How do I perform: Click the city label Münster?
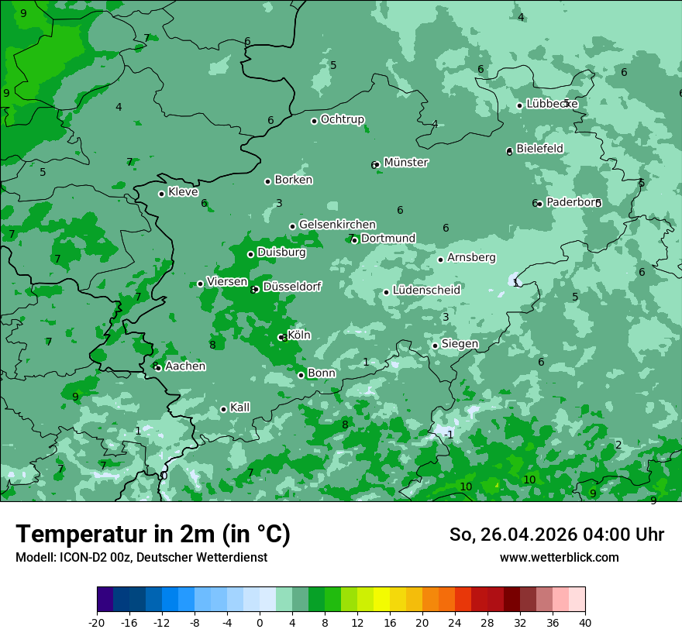pos(405,163)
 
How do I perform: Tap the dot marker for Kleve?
pos(161,194)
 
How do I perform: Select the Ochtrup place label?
pos(342,119)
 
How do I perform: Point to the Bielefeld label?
pos(539,148)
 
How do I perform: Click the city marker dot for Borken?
pos(267,181)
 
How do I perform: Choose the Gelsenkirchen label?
pos(337,225)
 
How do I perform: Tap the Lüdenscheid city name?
pos(426,290)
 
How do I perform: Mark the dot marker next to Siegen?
pos(435,346)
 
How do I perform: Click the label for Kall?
pos(239,407)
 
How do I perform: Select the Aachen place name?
pos(185,366)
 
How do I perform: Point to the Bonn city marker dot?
pos(301,375)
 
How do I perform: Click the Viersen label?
pos(227,282)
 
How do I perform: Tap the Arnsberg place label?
pos(471,257)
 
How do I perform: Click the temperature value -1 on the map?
pos(449,435)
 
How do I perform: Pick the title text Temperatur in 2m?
pos(153,534)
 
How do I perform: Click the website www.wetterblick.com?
pos(559,557)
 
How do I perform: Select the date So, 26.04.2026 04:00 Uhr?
pos(556,535)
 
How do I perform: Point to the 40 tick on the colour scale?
pos(585,622)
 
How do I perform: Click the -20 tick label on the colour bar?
pos(97,622)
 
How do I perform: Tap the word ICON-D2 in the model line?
pos(77,557)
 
